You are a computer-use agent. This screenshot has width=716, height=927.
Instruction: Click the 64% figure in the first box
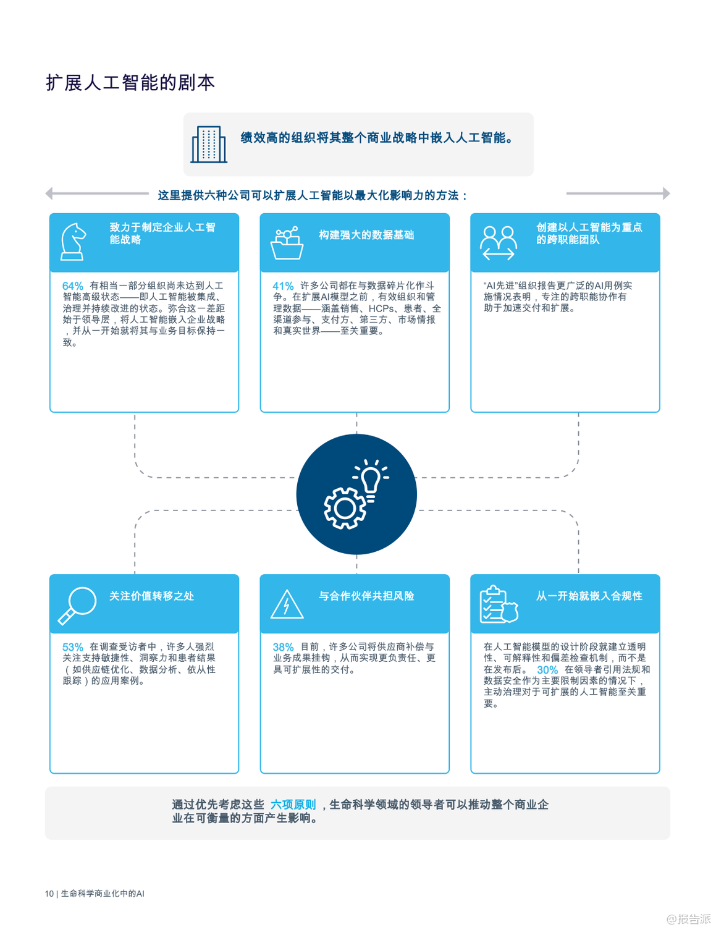point(73,286)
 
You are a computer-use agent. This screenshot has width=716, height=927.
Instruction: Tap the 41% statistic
point(283,286)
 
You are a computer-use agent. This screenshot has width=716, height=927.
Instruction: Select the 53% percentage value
point(73,647)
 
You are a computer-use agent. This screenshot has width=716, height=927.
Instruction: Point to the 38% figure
point(283,647)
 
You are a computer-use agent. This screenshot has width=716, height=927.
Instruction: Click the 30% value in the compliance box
point(547,670)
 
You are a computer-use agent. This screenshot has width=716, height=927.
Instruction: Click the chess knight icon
point(74,242)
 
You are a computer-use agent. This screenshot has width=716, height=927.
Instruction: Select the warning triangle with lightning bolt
point(287,604)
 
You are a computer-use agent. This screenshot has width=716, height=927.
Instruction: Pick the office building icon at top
point(209,144)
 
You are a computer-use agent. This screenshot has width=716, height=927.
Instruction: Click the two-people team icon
point(499,242)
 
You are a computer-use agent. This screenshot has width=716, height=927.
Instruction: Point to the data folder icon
point(287,243)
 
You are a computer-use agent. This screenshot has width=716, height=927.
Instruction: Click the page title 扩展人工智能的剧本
point(130,83)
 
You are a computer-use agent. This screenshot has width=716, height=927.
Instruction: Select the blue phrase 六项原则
point(293,805)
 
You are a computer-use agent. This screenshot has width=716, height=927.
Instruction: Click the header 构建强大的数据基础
point(366,235)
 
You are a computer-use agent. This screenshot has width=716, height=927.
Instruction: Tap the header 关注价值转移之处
point(151,596)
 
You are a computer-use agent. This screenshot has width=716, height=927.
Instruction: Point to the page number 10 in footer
point(49,894)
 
